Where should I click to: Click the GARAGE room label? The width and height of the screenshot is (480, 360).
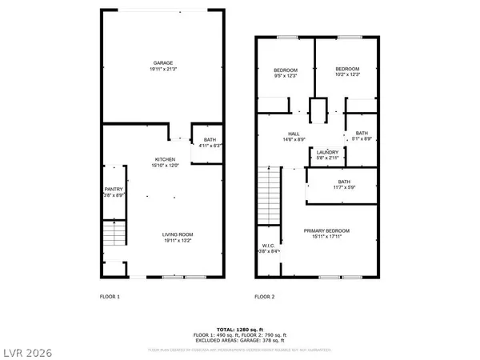click(x=163, y=62)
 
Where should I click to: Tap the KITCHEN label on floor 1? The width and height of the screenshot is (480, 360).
click(x=165, y=159)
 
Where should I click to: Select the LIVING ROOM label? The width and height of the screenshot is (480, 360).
click(x=165, y=232)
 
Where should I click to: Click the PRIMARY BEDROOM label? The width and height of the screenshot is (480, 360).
click(x=326, y=230)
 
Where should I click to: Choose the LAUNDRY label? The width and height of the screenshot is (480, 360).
click(x=326, y=152)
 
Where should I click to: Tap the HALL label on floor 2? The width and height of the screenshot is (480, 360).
click(x=294, y=134)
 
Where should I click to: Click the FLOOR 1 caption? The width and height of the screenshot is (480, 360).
click(x=109, y=297)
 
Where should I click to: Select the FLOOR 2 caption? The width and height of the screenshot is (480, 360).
click(x=265, y=297)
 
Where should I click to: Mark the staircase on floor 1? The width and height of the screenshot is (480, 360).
click(x=115, y=234)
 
